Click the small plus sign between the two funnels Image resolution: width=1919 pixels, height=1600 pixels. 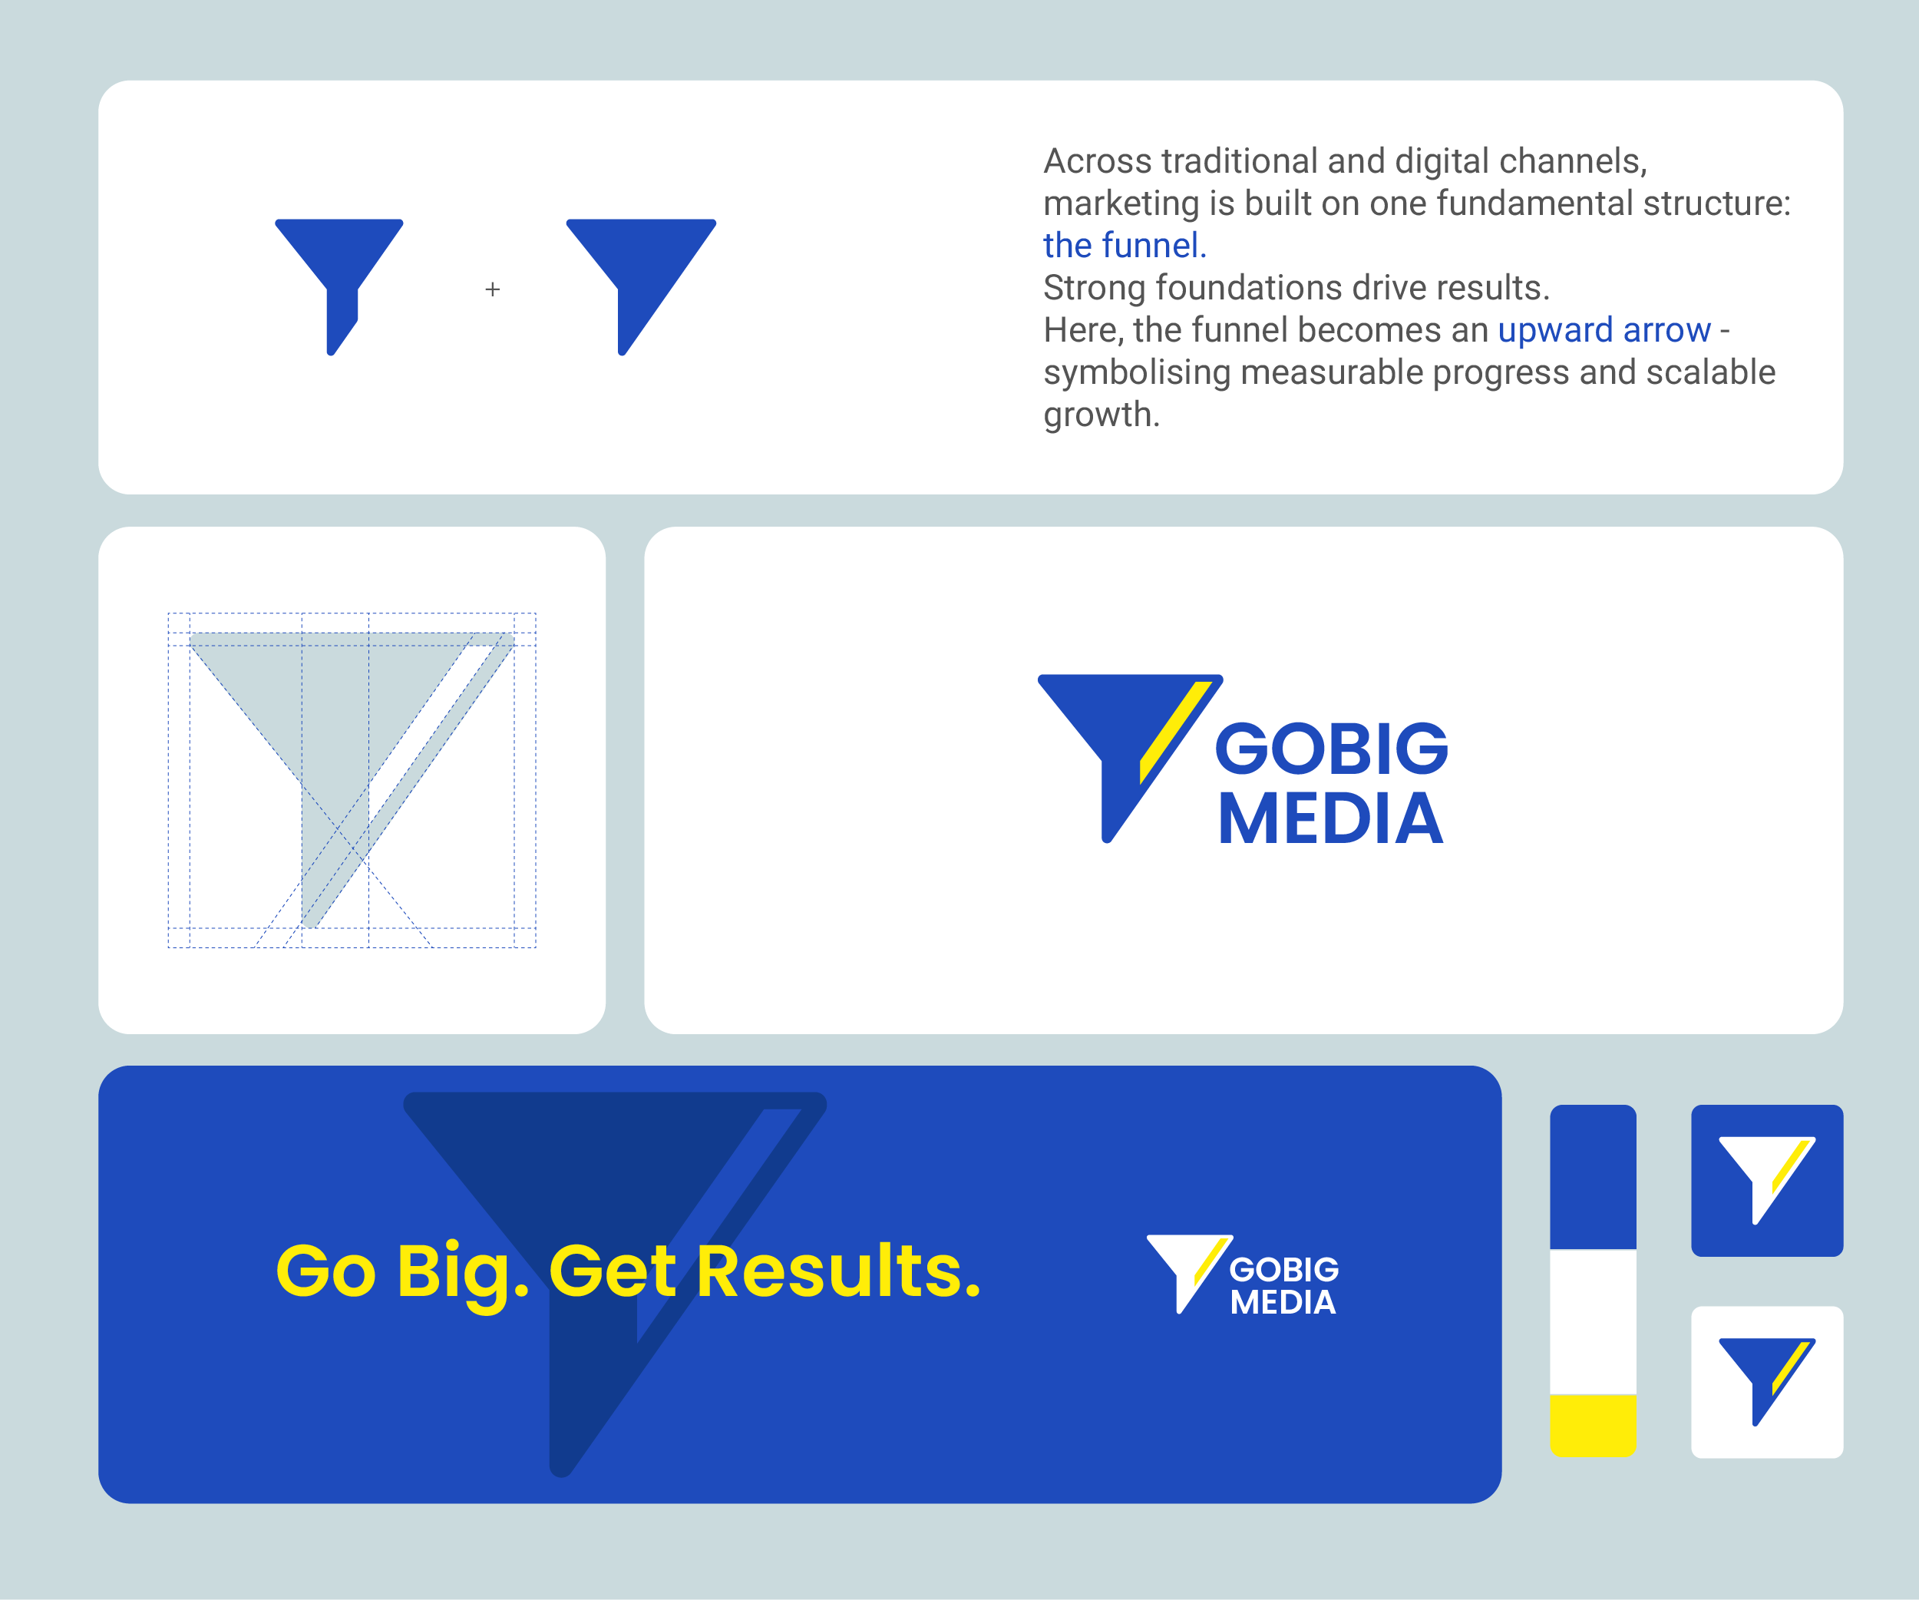click(x=493, y=289)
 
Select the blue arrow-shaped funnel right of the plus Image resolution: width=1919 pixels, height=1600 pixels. click(x=639, y=265)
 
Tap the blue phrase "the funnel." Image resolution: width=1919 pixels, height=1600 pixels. click(x=1124, y=246)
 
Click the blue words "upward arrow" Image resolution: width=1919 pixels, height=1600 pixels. click(x=1604, y=330)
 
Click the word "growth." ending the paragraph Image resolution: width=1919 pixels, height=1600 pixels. click(x=1102, y=415)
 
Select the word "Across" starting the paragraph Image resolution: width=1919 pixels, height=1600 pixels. click(x=1097, y=162)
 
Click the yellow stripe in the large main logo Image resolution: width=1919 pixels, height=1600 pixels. click(x=1175, y=731)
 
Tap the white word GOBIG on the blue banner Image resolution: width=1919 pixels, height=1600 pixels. click(x=1284, y=1269)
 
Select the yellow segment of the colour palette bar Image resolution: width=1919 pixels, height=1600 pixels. click(x=1593, y=1423)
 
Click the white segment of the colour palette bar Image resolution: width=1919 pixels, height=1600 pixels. click(x=1593, y=1321)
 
